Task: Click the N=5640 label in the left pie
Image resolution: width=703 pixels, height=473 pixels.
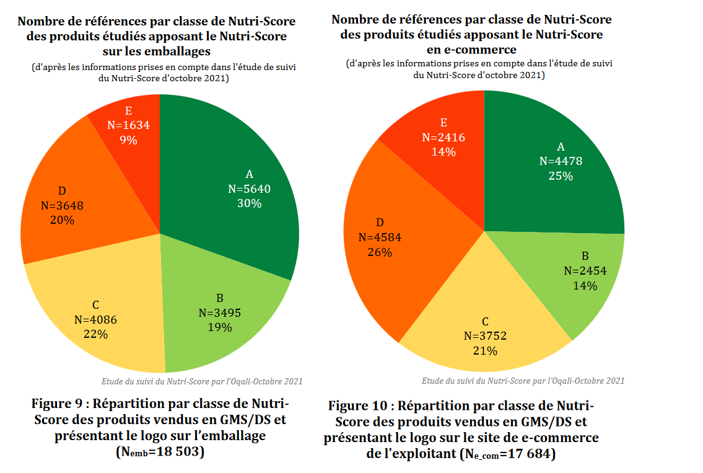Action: point(249,188)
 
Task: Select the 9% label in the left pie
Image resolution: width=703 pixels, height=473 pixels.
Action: point(129,139)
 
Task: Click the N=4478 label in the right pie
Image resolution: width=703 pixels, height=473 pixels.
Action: point(561,161)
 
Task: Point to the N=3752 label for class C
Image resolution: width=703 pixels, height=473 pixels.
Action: point(485,336)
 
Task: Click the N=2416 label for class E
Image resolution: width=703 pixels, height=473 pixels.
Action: point(443,137)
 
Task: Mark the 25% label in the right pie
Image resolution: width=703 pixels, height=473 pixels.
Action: point(561,176)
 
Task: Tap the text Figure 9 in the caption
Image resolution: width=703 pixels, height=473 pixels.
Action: point(59,404)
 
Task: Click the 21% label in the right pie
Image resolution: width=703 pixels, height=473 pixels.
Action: point(485,351)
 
